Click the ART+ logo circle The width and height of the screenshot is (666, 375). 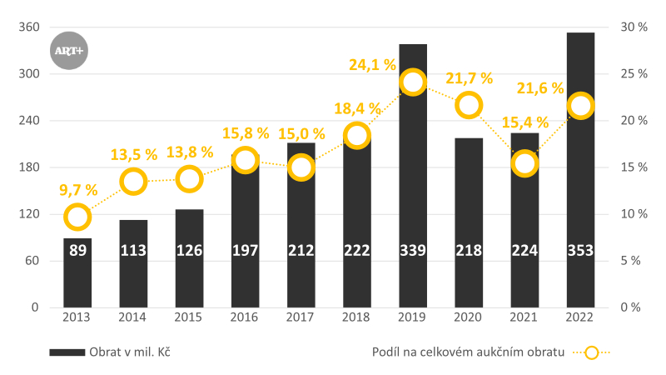tap(68, 51)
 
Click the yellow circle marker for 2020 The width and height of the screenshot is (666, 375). tap(470, 105)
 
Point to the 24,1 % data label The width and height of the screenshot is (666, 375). tap(372, 64)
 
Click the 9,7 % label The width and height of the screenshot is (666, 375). tap(79, 190)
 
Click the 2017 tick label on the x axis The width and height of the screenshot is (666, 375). tap(301, 317)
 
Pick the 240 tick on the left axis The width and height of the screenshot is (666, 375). tap(29, 121)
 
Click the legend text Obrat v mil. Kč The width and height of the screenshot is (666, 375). tap(129, 352)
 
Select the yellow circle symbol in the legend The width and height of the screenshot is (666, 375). tap(591, 352)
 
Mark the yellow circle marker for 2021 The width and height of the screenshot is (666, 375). tap(524, 163)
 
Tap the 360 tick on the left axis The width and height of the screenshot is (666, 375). tap(29, 27)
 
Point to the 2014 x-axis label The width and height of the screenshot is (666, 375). tap(133, 317)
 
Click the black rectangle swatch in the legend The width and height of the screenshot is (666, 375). tap(67, 352)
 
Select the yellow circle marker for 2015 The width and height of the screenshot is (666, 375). tap(190, 178)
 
